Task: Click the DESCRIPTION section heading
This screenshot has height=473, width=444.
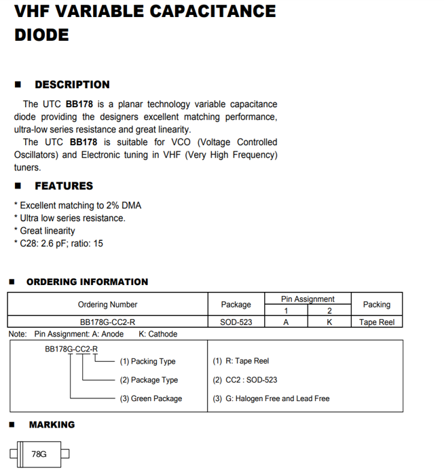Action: click(72, 85)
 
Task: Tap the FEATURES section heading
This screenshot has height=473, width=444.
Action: click(64, 186)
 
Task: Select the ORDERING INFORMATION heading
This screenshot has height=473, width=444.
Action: click(87, 282)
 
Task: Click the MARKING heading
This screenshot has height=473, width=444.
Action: click(52, 425)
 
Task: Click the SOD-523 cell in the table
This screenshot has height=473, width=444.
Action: click(236, 322)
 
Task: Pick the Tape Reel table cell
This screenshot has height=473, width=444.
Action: click(376, 322)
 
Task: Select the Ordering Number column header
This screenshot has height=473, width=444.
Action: click(107, 305)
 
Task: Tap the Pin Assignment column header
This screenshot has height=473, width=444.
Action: click(308, 299)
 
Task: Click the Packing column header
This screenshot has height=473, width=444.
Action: click(376, 305)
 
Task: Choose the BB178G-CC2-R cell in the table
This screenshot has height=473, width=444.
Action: click(107, 322)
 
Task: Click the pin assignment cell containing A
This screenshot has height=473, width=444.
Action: click(286, 322)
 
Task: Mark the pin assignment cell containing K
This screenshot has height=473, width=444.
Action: click(329, 322)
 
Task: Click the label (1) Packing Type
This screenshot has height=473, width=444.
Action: click(147, 361)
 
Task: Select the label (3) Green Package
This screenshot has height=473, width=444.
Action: click(151, 398)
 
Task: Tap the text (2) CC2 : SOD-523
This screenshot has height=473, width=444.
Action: click(244, 380)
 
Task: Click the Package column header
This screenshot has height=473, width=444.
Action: click(236, 305)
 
